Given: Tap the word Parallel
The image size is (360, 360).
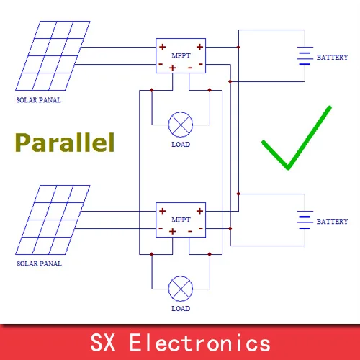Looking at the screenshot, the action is pos(65,143).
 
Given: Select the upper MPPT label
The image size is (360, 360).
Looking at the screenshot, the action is pos(181,55).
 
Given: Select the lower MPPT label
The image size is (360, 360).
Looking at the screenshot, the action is pos(181,220).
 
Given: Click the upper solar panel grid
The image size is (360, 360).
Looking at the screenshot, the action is pos(53,55).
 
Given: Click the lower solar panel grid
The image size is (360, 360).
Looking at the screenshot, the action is pos(53,220).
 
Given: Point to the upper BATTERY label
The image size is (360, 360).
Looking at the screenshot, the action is pos(332,58).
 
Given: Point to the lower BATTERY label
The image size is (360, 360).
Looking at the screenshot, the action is pos(332,222).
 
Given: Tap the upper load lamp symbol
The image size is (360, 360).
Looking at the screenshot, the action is pos(181,125).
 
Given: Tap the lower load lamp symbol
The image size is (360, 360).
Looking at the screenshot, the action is pos(181,289).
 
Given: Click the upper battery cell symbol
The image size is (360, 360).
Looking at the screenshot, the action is pos(305,55).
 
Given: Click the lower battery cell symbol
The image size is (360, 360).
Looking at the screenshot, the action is pos(305,220).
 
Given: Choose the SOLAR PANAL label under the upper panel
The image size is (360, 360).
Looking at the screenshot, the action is pos(39,100).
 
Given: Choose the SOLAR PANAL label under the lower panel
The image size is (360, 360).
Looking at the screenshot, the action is pos(39,264).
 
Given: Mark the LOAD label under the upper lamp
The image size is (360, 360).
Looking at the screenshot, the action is pos(181,145).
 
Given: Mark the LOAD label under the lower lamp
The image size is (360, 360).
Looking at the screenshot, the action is pos(181,309).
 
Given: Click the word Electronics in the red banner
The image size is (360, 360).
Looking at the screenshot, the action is pos(200,343).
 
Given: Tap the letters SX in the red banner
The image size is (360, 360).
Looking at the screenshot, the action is pos(103,343).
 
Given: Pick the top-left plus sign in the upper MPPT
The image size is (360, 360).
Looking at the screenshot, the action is pos(163,47).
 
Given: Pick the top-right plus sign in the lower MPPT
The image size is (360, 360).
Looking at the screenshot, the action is pos(199,211).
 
